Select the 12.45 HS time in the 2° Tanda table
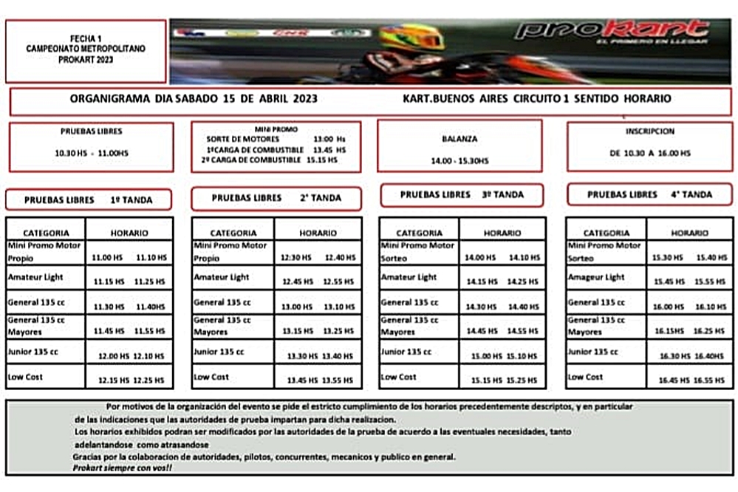[x=296, y=281]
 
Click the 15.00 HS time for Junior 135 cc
[x=486, y=356]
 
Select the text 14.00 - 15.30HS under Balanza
[x=459, y=160]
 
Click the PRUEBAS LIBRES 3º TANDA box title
[x=462, y=195]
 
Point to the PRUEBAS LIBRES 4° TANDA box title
[x=649, y=195]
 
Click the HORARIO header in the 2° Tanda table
[x=318, y=233]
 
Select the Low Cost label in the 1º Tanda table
[x=25, y=377]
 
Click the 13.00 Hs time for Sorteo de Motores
[x=329, y=139]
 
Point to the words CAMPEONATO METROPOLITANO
[x=86, y=47]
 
